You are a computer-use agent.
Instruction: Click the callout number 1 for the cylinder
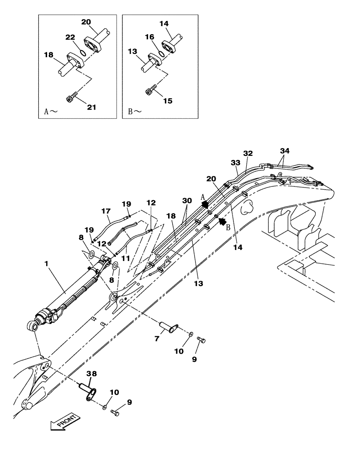[46, 264]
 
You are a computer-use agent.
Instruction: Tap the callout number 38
[92, 373]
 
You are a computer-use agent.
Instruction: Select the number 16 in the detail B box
[149, 37]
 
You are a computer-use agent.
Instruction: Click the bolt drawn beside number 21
[71, 96]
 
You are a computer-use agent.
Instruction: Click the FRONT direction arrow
[64, 420]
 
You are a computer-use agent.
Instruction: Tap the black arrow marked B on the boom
[223, 221]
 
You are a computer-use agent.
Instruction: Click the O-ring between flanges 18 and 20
[82, 53]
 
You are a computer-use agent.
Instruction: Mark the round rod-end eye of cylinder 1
[32, 326]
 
